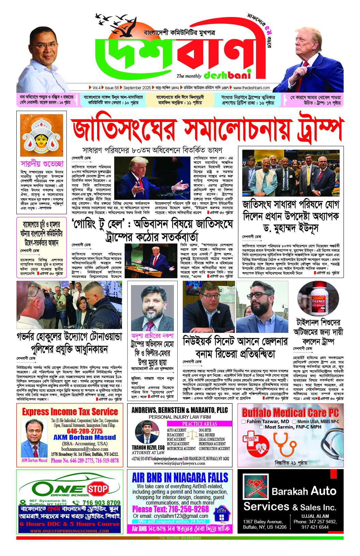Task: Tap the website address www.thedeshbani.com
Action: tap(251, 88)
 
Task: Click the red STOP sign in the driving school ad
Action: tap(97, 489)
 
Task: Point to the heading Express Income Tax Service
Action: tap(70, 412)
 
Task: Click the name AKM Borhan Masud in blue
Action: tap(85, 437)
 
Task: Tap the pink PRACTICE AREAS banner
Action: tap(199, 424)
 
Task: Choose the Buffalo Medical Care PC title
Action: tap(290, 413)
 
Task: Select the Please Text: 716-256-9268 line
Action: tap(170, 509)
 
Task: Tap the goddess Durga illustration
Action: tap(41, 136)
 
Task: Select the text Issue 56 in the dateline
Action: tap(112, 88)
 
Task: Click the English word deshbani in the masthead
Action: tap(227, 75)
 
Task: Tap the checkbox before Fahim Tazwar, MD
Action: tap(243, 421)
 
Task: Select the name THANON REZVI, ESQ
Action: tap(148, 447)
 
